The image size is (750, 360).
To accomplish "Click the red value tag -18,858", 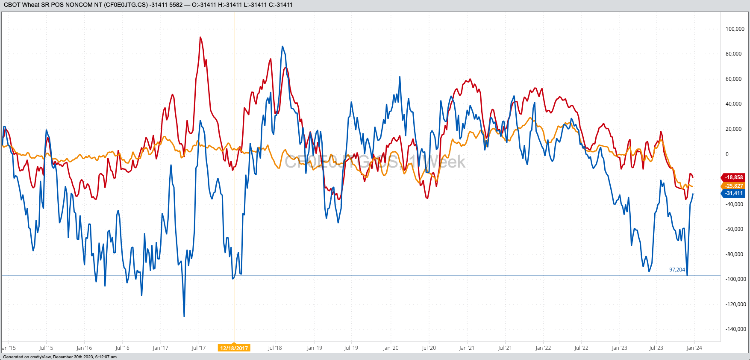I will click(733, 177).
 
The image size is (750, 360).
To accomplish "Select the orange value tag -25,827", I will click(733, 186).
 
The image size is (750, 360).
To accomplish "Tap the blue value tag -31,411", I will click(733, 193).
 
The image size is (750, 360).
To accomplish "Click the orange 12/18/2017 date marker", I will click(234, 348).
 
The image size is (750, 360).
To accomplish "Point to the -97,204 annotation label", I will click(676, 270).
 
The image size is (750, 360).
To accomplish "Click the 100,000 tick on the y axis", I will click(735, 29).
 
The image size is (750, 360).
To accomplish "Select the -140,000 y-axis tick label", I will click(735, 329).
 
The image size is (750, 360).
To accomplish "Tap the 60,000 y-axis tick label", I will click(734, 79).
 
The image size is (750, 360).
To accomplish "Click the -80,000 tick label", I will click(734, 254).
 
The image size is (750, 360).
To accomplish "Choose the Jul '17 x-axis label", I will click(198, 348).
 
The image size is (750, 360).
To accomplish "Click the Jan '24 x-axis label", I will click(694, 348).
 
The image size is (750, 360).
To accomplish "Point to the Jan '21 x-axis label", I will click(467, 348).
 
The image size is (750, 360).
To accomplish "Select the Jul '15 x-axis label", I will click(46, 348).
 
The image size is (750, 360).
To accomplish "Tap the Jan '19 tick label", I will click(314, 348).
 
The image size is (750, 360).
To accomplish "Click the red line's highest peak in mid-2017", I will click(200, 37).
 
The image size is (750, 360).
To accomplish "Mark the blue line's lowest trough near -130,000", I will click(184, 316).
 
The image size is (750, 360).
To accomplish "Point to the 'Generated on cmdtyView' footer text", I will click(60, 357).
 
